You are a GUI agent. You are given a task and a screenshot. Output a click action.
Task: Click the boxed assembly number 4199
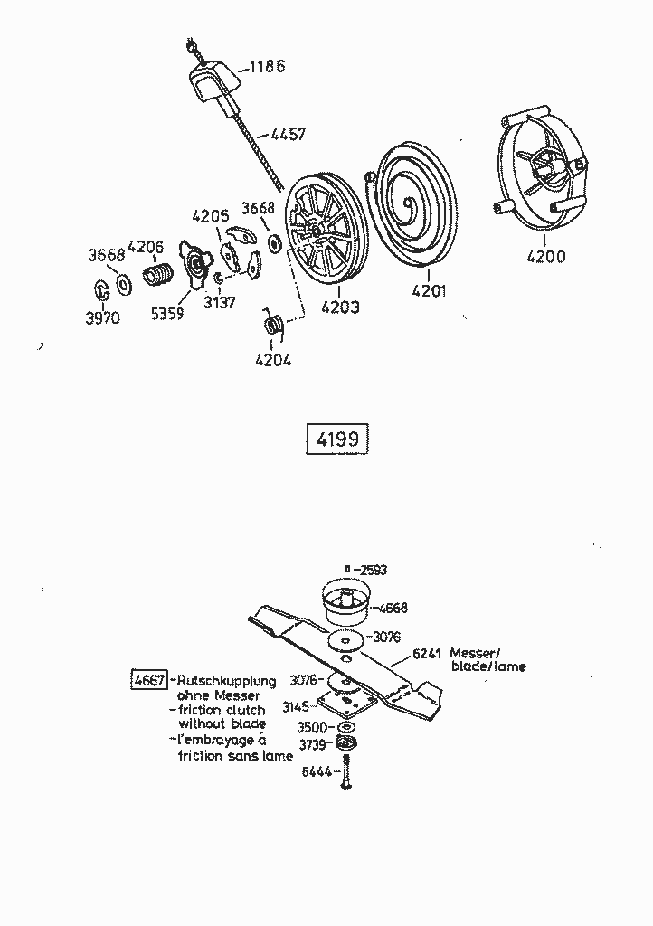pyautogui.click(x=337, y=439)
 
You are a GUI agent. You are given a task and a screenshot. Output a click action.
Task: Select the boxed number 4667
pyautogui.click(x=149, y=680)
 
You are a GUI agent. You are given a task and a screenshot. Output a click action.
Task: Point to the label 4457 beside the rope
pyautogui.click(x=287, y=135)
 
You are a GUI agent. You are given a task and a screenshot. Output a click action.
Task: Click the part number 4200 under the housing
pyautogui.click(x=546, y=256)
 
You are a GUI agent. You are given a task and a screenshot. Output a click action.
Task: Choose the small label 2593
pyautogui.click(x=373, y=570)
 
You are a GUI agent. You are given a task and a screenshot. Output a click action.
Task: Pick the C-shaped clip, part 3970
pyautogui.click(x=102, y=288)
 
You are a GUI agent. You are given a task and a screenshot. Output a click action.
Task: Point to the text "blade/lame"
pyautogui.click(x=487, y=666)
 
